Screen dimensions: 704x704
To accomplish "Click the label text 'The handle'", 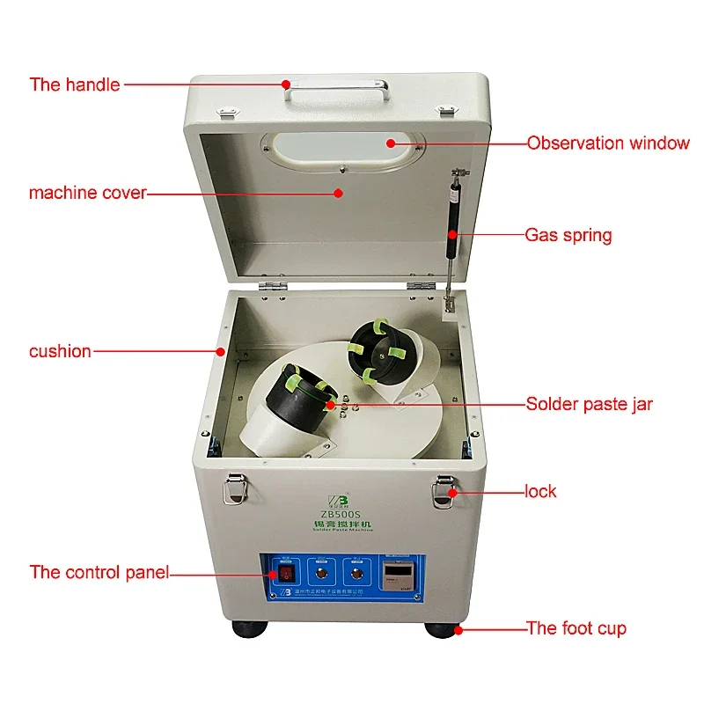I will coord(74,85).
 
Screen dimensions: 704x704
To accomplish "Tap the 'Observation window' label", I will coord(608,143).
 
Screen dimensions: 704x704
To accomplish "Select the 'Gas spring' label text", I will coord(568,235).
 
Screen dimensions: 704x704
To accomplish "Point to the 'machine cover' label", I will coord(87,193).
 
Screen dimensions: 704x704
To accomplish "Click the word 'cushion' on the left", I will coord(60,351).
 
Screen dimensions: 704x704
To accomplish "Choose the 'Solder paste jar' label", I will coord(589,405).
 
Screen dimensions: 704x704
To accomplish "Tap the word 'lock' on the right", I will coord(540,491).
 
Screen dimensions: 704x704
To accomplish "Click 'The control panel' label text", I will coord(99,572).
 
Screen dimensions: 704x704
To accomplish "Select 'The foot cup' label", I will coord(576,628).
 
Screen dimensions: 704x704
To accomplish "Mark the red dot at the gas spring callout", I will coord(452,234).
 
